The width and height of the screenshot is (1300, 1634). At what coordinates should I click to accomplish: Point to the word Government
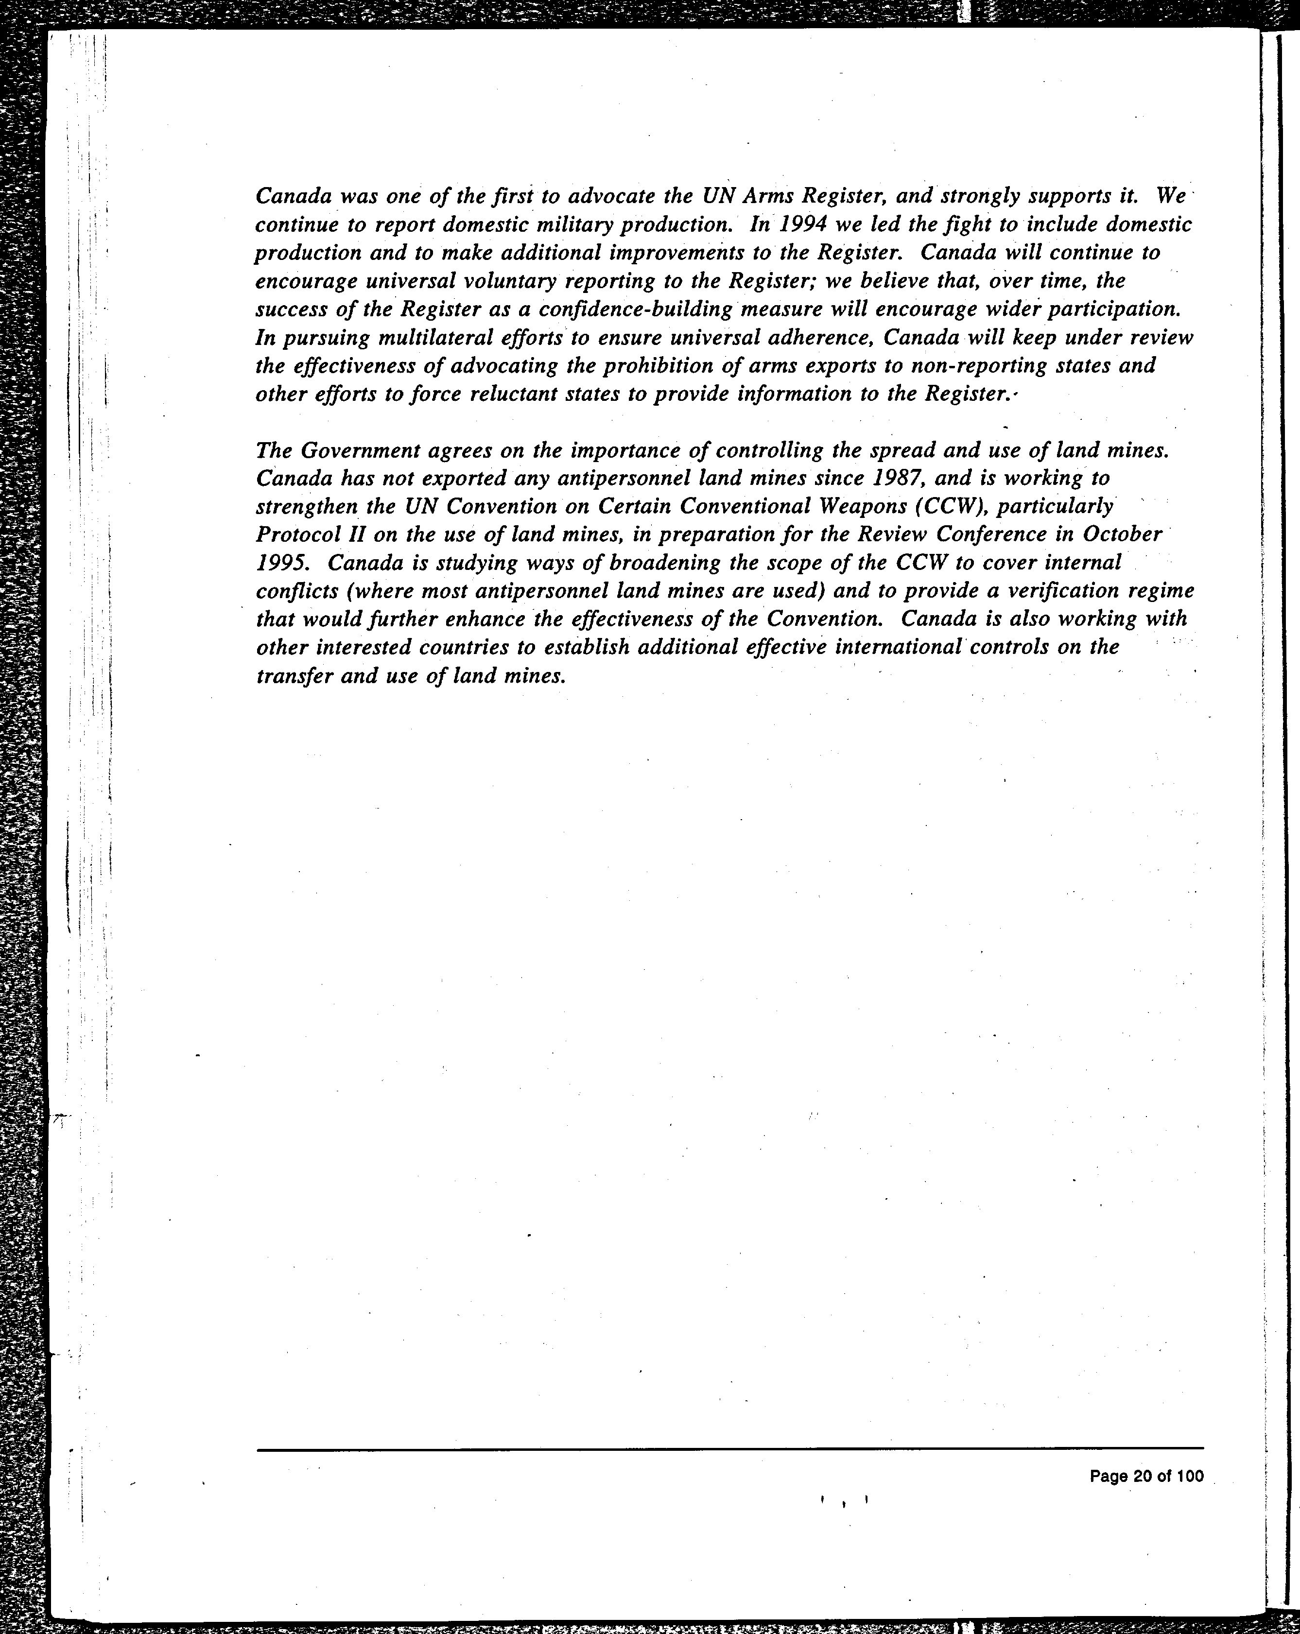coord(360,451)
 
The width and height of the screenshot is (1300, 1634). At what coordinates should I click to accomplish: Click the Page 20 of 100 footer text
coord(1146,1477)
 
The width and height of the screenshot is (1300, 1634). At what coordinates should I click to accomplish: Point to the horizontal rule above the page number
coord(729,1449)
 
